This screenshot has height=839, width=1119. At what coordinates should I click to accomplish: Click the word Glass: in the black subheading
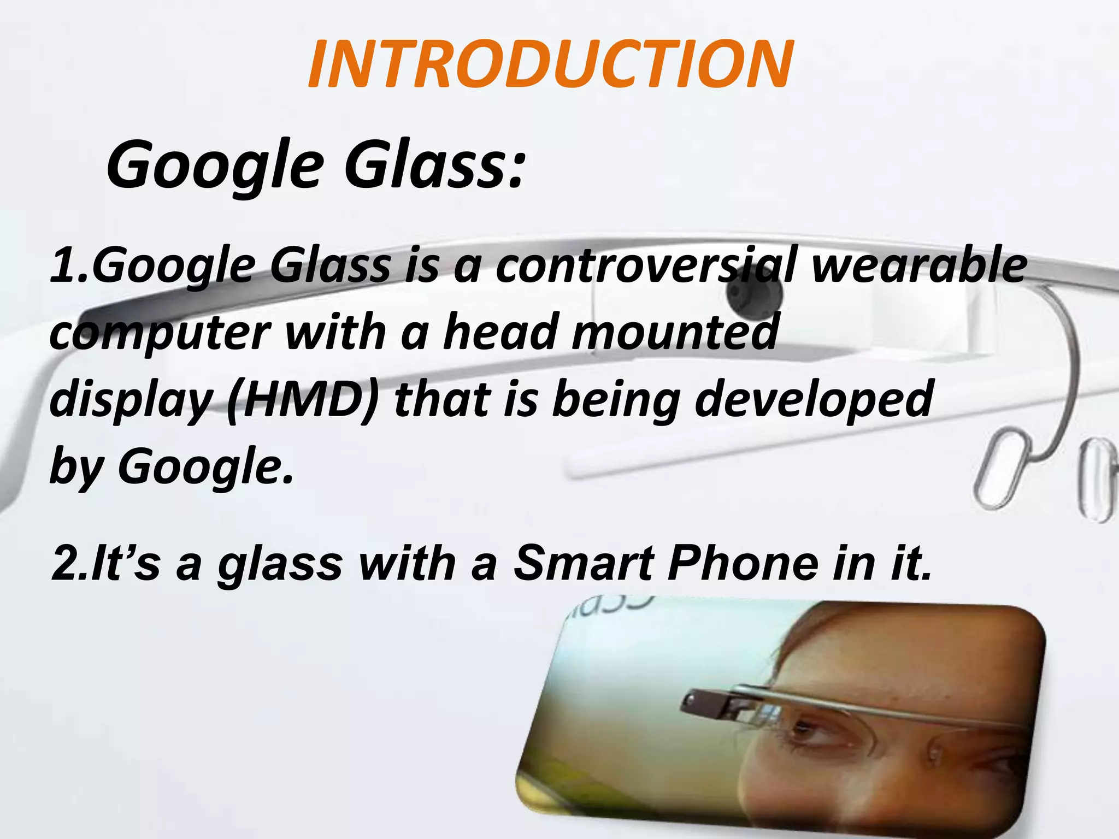(x=435, y=164)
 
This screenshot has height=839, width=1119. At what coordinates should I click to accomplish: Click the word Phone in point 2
(x=743, y=563)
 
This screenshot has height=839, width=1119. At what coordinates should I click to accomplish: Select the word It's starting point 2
(x=126, y=563)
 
